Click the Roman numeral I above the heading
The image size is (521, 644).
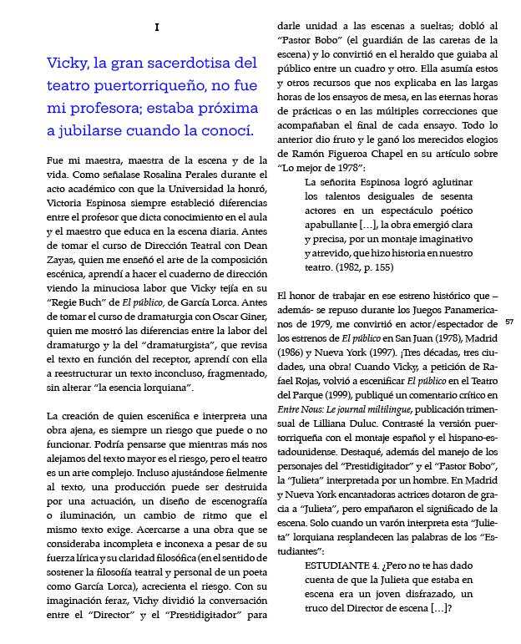[157, 28]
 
